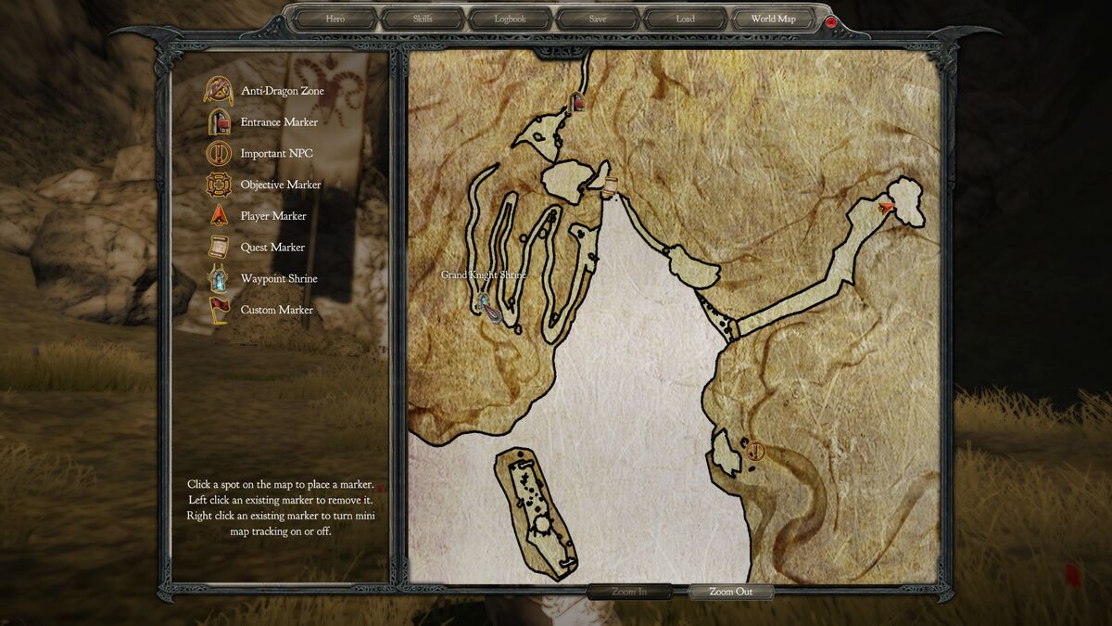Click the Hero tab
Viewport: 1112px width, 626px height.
335,19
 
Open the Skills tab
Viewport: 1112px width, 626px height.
422,19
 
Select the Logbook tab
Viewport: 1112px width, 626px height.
510,19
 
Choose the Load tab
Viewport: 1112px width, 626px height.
685,19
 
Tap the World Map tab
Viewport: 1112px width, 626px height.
773,19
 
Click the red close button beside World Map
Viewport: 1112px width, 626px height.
831,20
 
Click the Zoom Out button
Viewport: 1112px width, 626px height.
731,592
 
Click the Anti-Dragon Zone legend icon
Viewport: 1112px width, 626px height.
220,91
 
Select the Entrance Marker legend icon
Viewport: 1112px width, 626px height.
220,121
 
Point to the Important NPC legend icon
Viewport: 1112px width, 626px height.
220,153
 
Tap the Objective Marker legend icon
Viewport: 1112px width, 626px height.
220,185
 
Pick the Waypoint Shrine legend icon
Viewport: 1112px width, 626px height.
220,278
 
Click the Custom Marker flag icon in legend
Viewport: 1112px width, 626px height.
220,310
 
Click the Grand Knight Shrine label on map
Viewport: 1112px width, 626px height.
483,275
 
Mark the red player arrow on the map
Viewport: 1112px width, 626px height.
888,206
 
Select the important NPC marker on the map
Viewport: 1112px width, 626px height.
755,452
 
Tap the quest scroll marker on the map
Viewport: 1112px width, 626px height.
609,187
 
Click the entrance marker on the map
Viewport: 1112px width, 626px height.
577,102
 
